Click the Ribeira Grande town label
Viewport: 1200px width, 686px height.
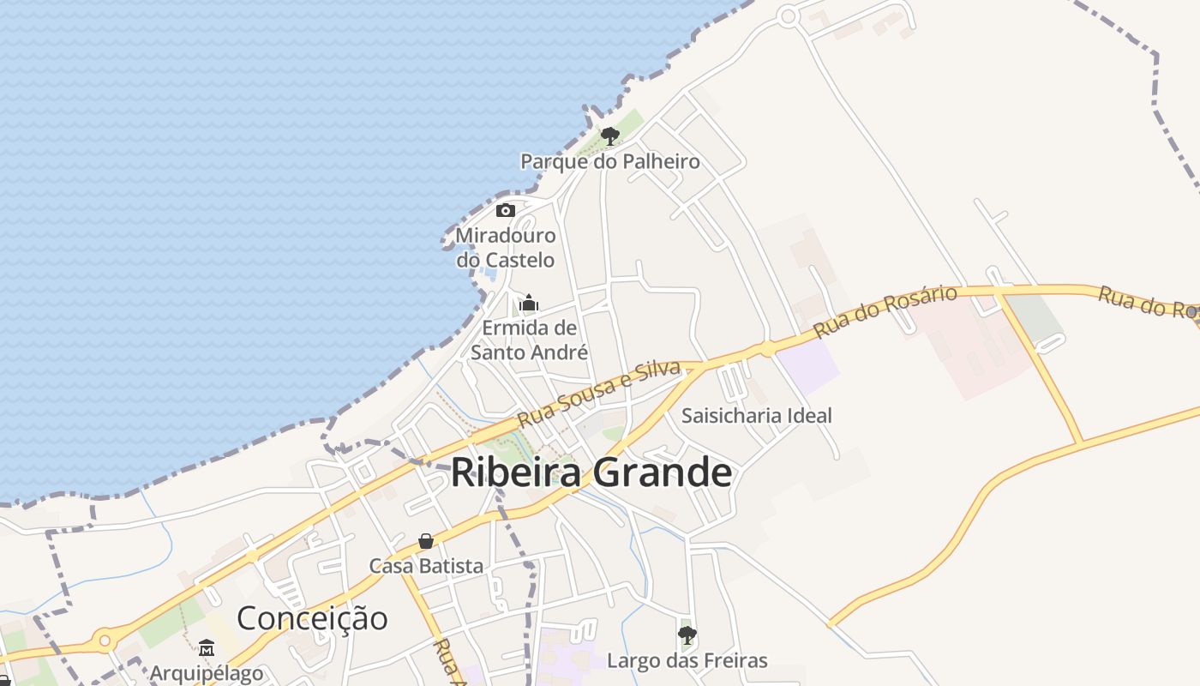tap(591, 472)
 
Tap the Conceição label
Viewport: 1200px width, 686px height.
tap(312, 617)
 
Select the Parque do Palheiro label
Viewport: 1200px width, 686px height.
tap(610, 161)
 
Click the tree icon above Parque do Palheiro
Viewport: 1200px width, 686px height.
tap(609, 135)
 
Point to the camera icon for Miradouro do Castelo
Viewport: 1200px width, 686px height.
tap(506, 210)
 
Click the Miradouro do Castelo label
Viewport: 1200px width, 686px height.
tap(506, 247)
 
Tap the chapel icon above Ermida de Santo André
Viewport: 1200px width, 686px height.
tap(529, 303)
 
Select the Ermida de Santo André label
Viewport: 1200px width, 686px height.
tap(529, 340)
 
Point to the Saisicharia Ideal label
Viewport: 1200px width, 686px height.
tap(756, 416)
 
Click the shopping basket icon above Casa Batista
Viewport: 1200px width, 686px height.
tap(426, 541)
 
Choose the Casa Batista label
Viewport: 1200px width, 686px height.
tap(426, 566)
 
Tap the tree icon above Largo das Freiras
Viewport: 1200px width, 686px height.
tap(687, 635)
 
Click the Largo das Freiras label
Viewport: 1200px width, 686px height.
tap(687, 660)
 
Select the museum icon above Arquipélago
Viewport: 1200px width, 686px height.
tap(207, 648)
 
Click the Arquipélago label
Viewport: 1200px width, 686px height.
tap(207, 673)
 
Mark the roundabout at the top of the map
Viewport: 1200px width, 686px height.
tap(789, 15)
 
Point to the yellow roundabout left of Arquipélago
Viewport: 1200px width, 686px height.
tap(105, 640)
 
